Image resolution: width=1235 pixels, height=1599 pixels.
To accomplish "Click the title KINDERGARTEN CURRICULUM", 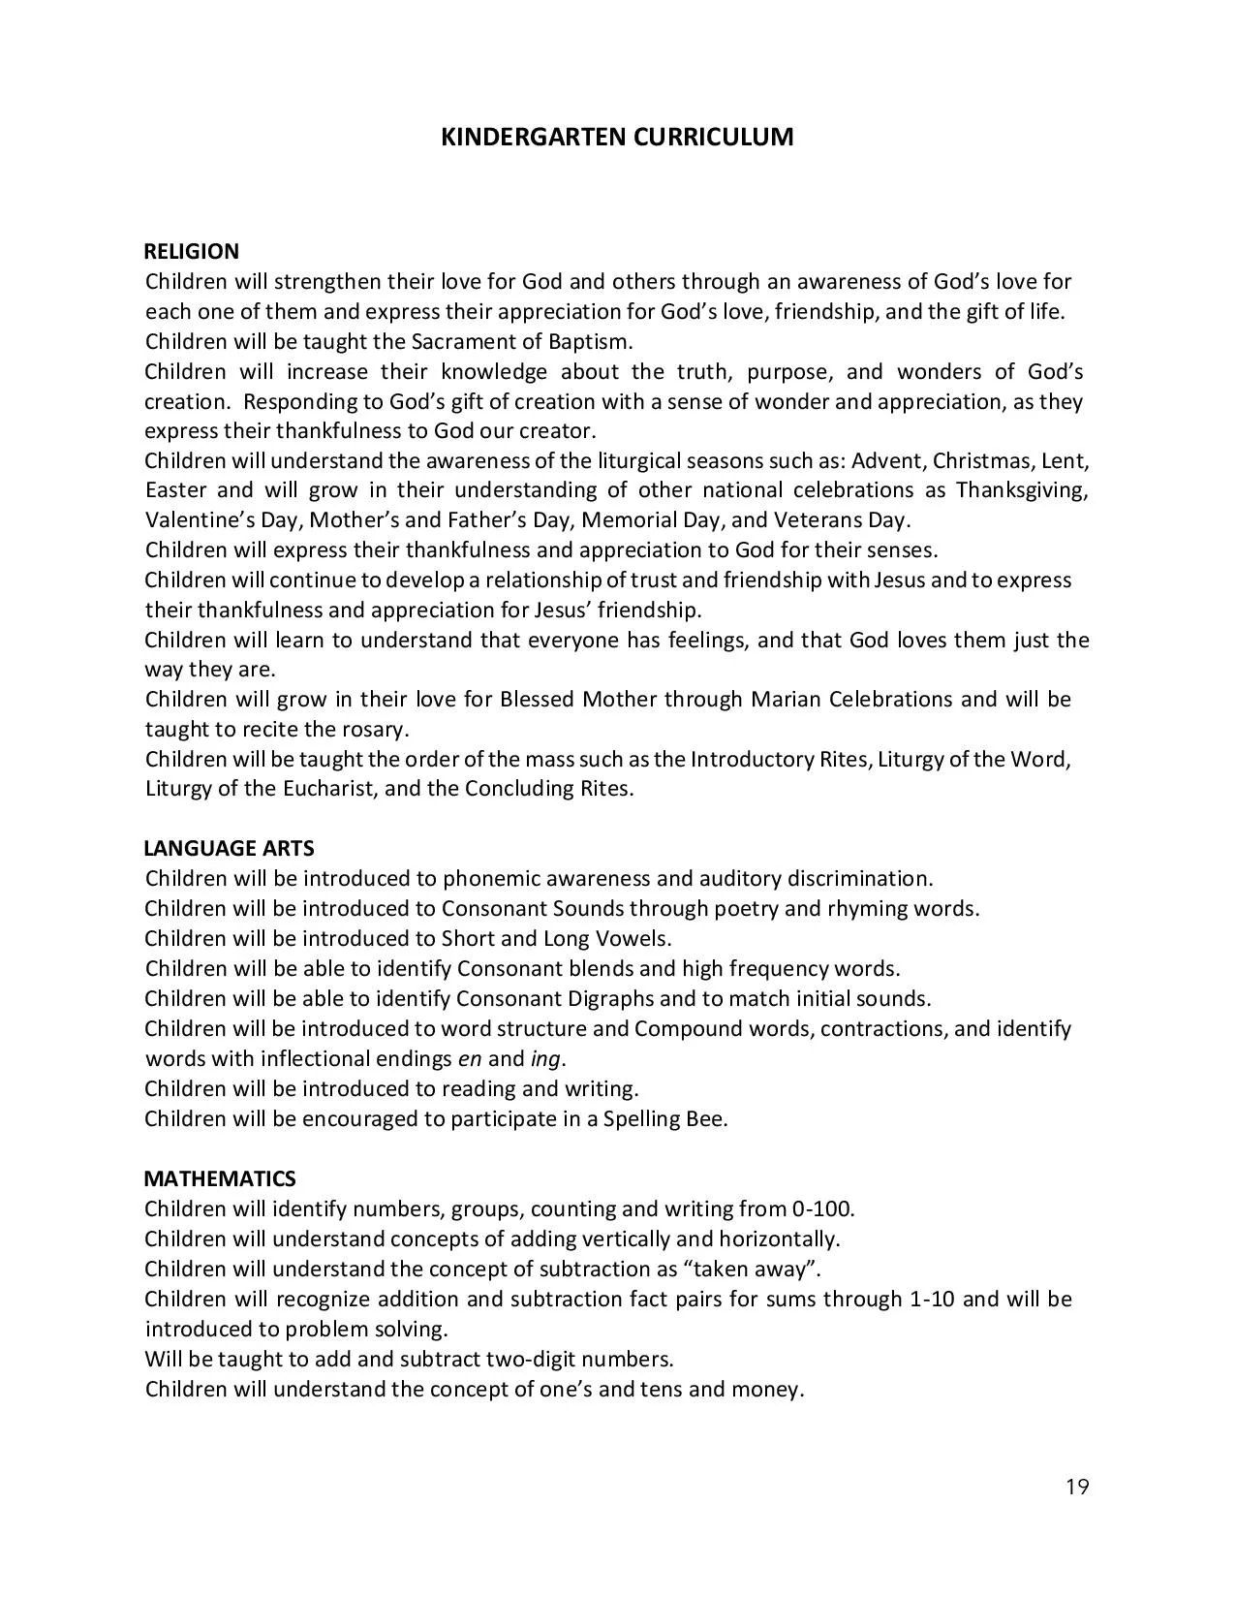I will [x=617, y=137].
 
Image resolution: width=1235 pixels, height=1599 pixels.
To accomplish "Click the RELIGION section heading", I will [x=191, y=252].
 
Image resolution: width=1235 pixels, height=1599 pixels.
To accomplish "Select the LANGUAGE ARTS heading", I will [x=229, y=849].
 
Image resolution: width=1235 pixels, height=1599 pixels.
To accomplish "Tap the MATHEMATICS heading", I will [x=220, y=1179].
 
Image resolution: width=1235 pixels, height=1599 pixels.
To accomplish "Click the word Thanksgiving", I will [x=1022, y=490].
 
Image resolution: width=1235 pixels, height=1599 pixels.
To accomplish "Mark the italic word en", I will [x=470, y=1059].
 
